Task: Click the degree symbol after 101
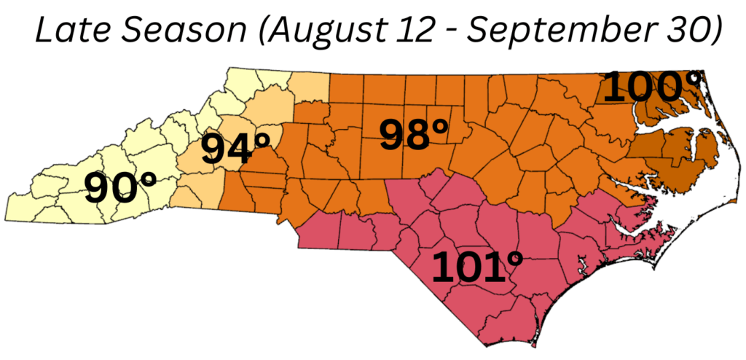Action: point(514,256)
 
